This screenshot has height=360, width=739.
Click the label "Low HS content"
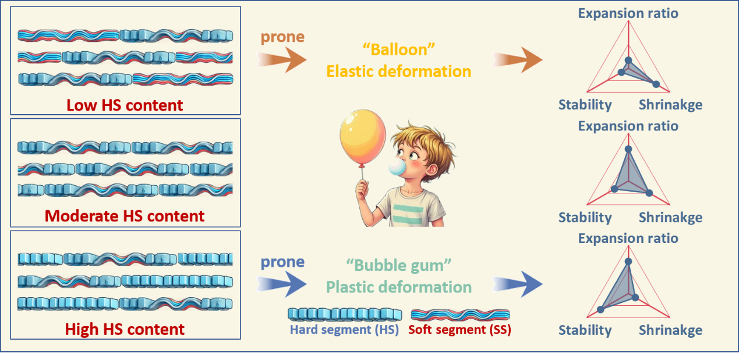(x=125, y=105)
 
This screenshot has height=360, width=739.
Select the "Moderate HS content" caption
(x=125, y=216)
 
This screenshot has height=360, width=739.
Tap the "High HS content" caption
(x=125, y=329)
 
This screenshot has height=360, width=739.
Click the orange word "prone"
(x=282, y=37)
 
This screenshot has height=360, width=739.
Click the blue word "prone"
(x=282, y=262)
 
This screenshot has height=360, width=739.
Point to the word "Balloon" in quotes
(x=399, y=50)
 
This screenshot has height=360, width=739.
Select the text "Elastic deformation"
(x=399, y=71)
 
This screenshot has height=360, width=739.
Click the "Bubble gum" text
(x=399, y=266)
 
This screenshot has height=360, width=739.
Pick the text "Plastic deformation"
(x=399, y=287)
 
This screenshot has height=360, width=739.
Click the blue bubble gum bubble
(x=397, y=167)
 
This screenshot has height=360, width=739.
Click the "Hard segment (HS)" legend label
(x=345, y=330)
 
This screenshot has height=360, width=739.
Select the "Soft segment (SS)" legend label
(x=459, y=330)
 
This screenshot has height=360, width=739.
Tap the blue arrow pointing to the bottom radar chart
(x=518, y=285)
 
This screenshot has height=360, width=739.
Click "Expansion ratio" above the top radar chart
(x=628, y=13)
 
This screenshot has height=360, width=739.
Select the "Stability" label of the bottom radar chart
(x=585, y=330)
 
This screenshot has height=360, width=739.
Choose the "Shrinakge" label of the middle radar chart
(x=670, y=218)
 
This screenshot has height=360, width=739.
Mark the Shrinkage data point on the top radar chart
(x=656, y=84)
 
